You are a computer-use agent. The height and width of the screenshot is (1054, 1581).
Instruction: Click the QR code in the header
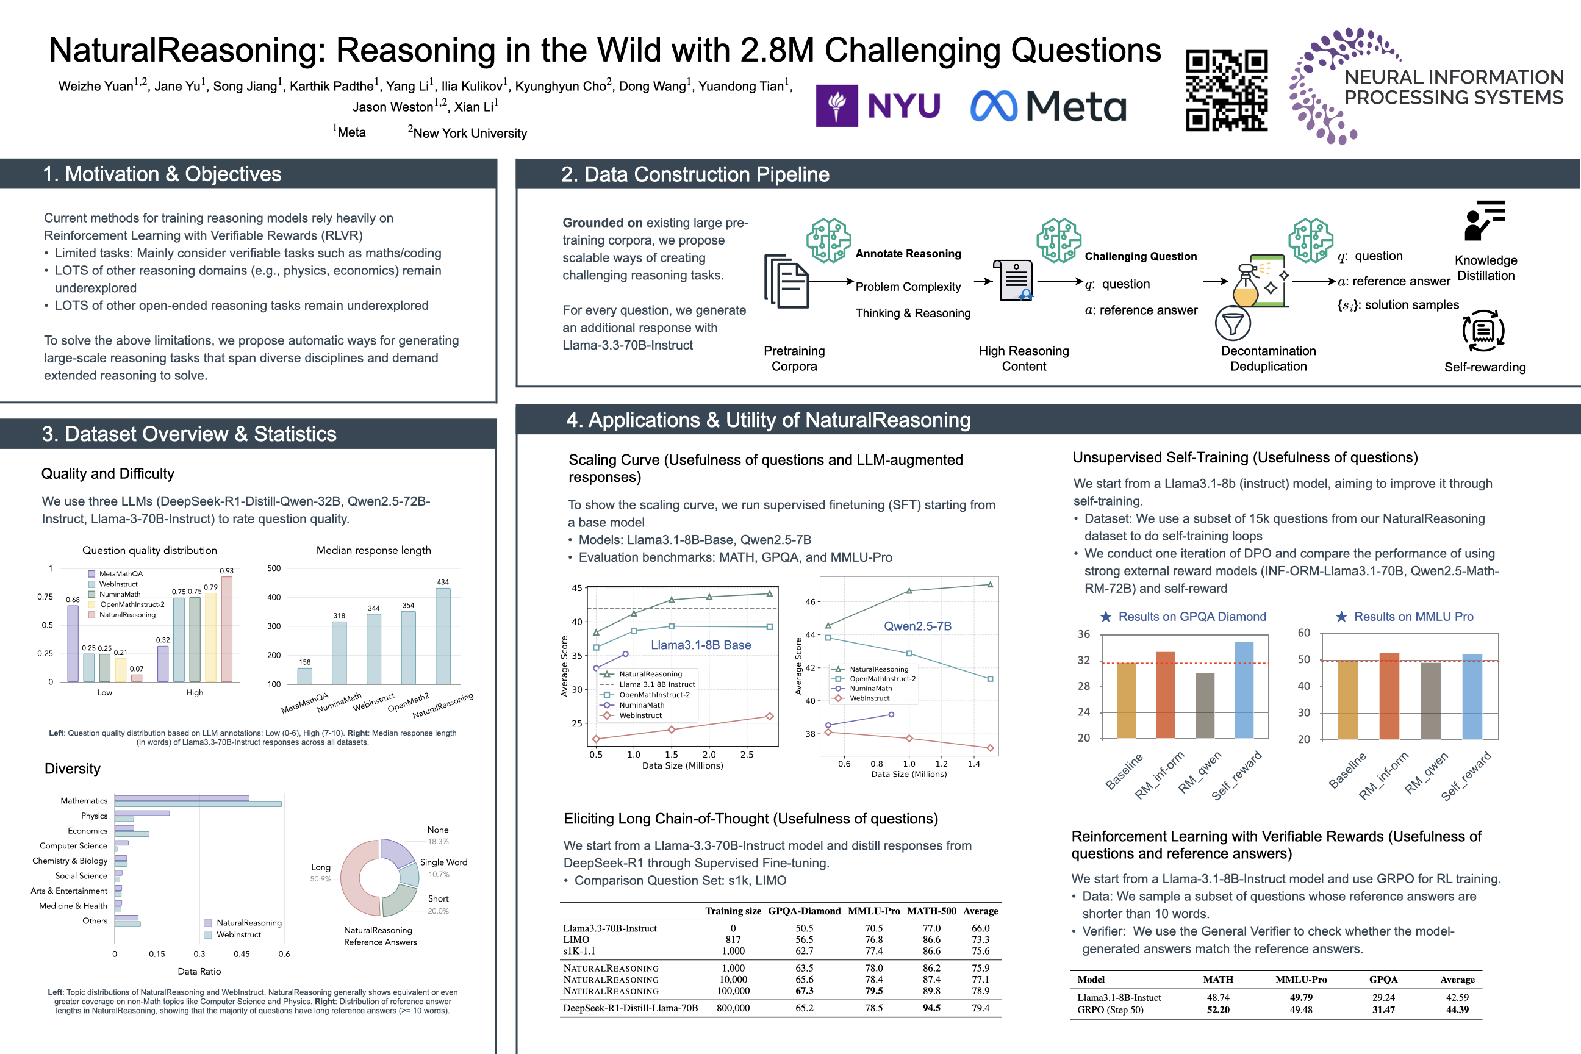1226,90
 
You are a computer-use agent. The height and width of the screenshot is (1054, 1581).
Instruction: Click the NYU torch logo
836,106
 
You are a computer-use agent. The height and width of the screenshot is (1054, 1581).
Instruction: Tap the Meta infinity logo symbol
994,106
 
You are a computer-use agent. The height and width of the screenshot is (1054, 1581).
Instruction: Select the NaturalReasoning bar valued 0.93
227,628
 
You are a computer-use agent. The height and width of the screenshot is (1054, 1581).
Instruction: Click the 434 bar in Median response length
443,635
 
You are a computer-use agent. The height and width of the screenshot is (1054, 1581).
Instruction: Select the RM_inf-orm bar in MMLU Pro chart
1389,696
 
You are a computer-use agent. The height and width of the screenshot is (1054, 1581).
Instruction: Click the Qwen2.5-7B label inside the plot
917,626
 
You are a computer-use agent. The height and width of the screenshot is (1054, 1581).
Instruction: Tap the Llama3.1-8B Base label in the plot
700,645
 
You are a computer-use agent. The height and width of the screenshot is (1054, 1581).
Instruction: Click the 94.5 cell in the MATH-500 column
931,1008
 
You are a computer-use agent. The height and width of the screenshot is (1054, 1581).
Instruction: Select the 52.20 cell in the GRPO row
1218,1009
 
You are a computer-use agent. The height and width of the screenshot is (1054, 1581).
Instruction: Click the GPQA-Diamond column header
804,911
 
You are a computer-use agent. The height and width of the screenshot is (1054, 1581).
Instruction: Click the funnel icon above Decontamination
1232,324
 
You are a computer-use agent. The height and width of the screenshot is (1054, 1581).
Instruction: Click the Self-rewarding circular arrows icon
1483,331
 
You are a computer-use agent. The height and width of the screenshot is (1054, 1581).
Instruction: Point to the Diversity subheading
73,769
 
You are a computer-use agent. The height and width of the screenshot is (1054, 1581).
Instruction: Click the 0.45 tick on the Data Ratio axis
242,954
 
